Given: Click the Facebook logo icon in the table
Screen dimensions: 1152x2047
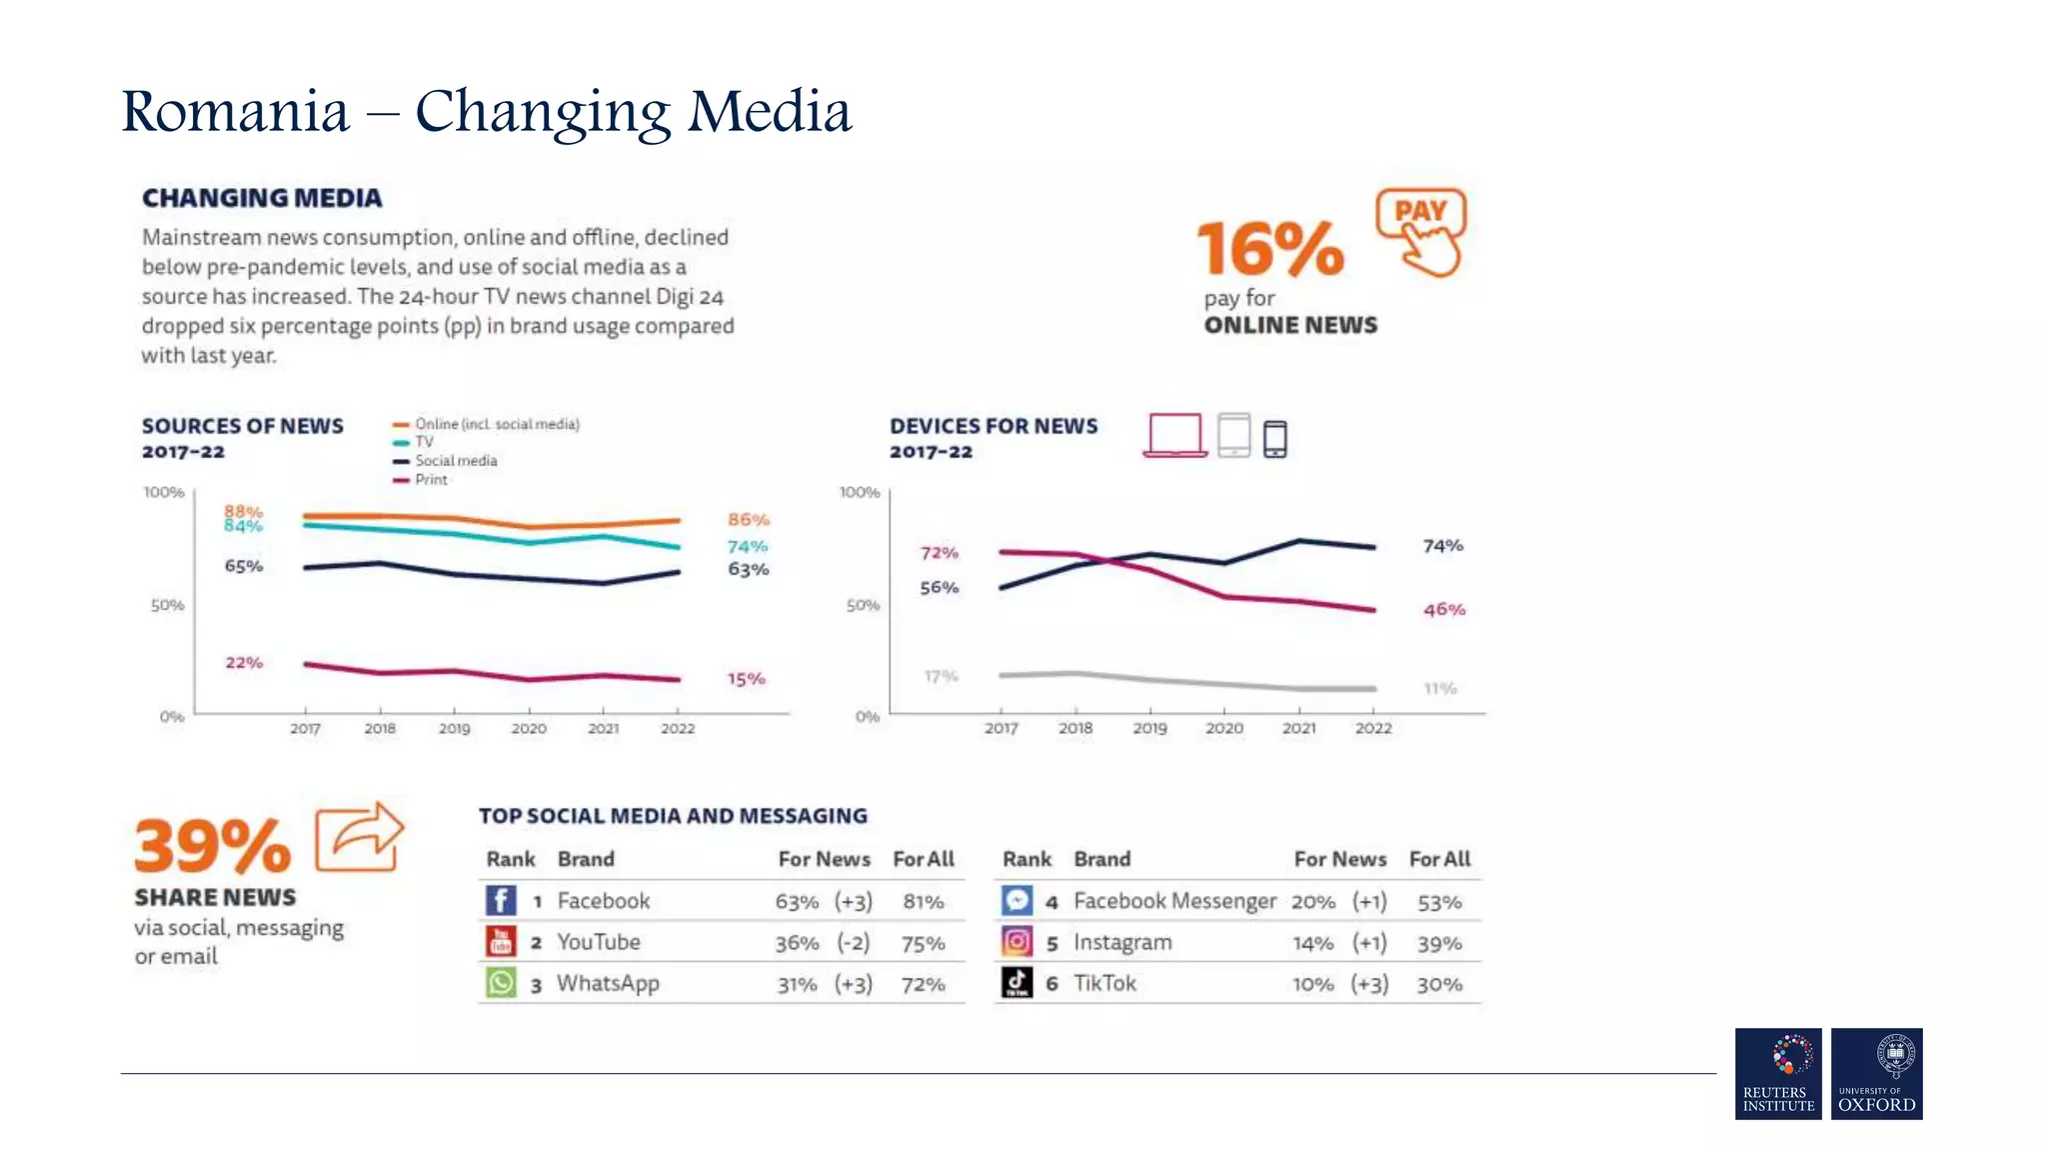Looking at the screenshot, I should (501, 900).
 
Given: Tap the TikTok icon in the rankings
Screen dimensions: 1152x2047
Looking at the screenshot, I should (1017, 983).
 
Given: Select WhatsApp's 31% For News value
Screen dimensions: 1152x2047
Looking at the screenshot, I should (797, 984).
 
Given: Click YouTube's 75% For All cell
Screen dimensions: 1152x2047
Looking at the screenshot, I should (923, 943).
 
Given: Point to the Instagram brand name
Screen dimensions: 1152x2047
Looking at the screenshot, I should (1122, 942).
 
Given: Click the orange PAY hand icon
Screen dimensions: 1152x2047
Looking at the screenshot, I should (1421, 232).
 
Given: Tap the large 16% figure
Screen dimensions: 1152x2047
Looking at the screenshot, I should (1270, 249).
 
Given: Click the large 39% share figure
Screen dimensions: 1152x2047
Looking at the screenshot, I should (213, 846).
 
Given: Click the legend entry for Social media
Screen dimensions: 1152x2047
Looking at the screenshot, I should (455, 461).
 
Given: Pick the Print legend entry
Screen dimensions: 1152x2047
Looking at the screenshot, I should (431, 480).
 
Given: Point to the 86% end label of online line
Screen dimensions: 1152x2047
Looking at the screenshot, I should (748, 520).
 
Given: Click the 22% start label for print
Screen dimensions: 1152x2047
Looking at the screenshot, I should (244, 663).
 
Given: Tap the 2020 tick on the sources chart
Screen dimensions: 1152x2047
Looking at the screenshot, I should (529, 728).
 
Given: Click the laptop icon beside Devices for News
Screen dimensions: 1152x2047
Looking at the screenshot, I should (1174, 436).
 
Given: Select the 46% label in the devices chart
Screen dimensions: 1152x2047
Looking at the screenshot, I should (1443, 609).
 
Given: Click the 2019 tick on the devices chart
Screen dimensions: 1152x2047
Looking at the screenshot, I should (1149, 728).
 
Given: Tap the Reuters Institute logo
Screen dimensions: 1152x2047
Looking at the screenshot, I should (1778, 1073).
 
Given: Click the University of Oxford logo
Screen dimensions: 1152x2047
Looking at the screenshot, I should (1876, 1073).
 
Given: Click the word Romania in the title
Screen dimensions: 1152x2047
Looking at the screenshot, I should (236, 111).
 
